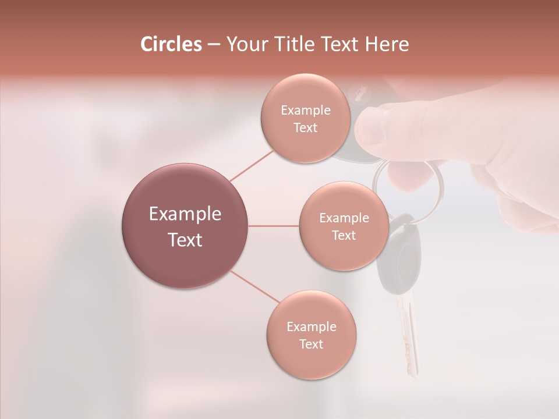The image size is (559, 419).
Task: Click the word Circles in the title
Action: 171,44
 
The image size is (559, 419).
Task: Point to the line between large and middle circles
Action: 274,226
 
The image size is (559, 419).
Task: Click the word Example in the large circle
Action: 185,214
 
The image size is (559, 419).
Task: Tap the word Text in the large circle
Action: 185,240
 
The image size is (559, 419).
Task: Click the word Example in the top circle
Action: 305,110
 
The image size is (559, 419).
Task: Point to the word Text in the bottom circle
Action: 311,344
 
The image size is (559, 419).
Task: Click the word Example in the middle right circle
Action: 344,218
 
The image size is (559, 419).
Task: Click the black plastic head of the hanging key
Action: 399,250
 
